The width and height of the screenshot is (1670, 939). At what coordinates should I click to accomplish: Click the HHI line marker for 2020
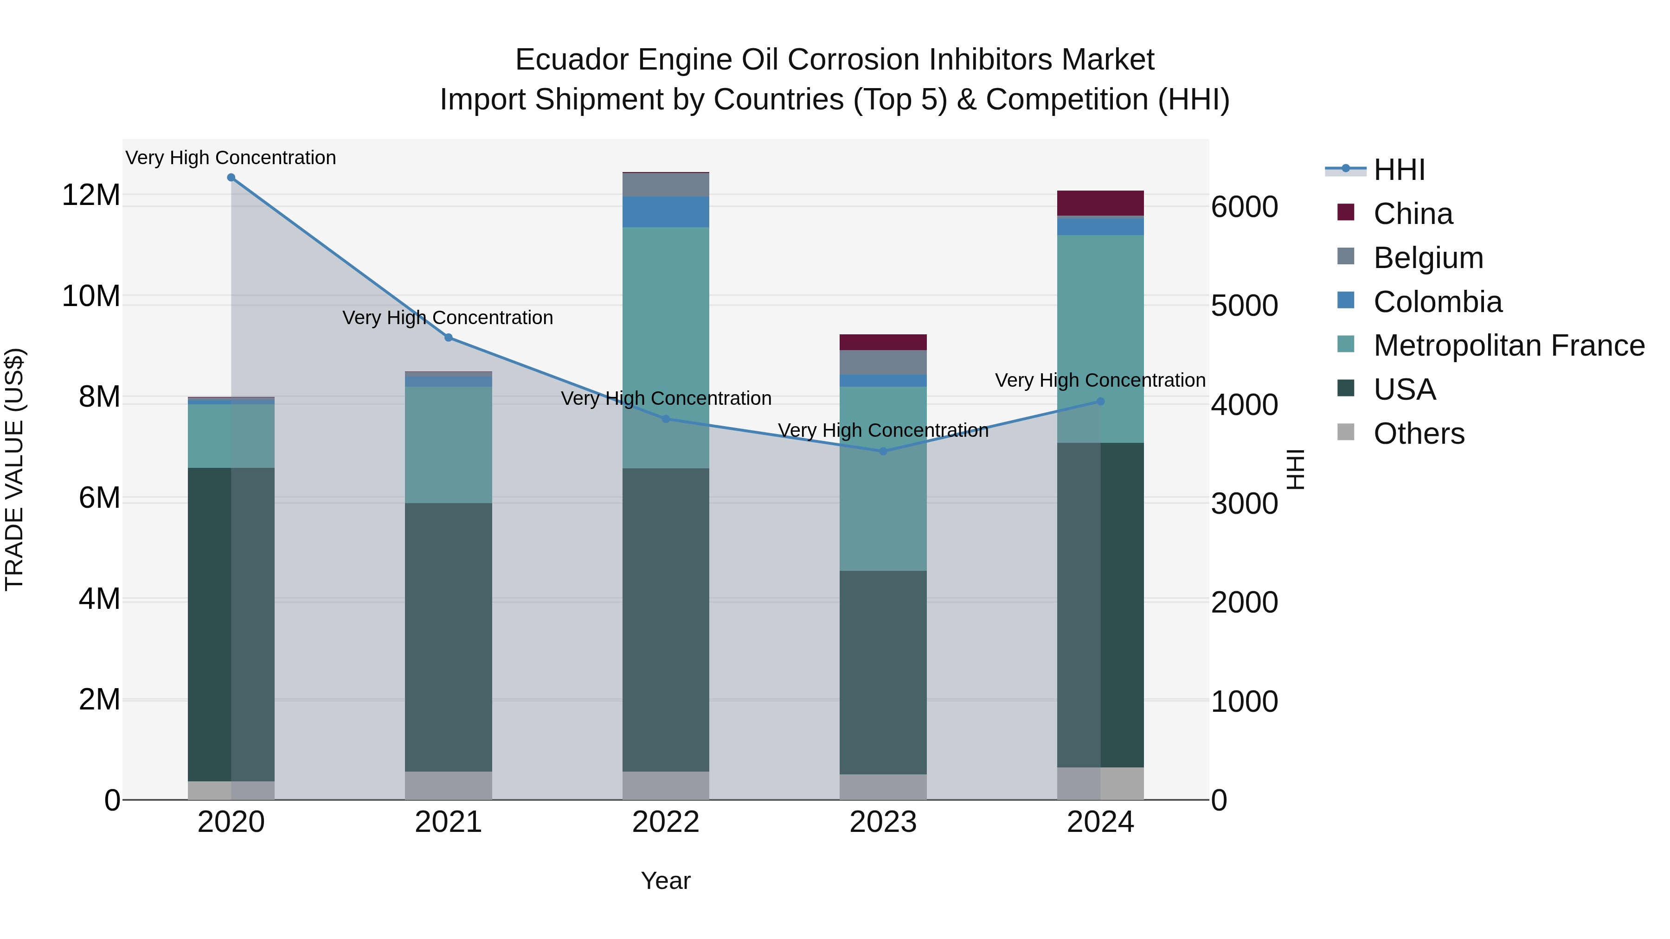click(x=231, y=178)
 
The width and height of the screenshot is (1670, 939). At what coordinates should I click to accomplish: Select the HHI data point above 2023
click(x=883, y=451)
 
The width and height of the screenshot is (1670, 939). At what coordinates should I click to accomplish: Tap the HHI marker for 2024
click(x=1100, y=401)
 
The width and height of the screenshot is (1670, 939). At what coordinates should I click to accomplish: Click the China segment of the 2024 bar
click(x=1100, y=203)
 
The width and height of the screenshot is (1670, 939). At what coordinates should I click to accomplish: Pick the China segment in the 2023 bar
click(x=883, y=342)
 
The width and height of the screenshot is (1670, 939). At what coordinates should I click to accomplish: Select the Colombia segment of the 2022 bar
click(x=666, y=212)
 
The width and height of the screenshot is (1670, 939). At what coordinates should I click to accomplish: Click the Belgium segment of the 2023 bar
click(x=883, y=362)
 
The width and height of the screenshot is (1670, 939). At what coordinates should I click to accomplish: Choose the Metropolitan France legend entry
click(x=1509, y=345)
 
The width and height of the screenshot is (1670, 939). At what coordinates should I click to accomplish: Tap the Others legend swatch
click(x=1346, y=432)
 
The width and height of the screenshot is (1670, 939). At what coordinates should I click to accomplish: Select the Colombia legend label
click(x=1437, y=302)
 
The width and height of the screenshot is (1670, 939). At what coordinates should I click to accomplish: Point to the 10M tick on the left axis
click(x=91, y=296)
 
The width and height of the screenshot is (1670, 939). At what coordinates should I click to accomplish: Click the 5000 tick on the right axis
click(x=1244, y=306)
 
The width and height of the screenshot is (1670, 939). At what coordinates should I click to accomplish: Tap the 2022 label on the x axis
click(x=666, y=822)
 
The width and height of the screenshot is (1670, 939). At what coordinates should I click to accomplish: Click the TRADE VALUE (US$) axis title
click(x=14, y=469)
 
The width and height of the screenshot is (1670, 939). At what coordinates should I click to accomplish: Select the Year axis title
click(x=666, y=881)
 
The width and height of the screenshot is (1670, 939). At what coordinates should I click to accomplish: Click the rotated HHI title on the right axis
click(x=1295, y=469)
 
